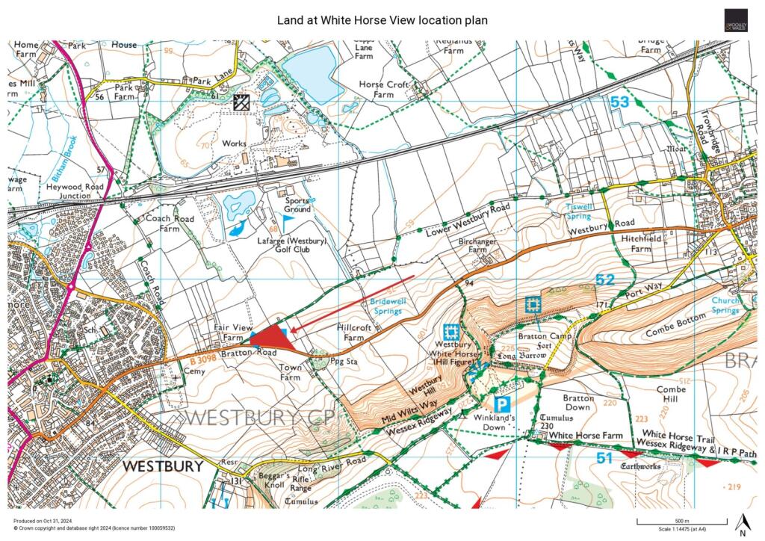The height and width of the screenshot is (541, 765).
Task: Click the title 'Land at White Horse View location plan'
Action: tap(382, 20)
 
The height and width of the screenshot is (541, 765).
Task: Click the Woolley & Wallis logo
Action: tap(735, 20)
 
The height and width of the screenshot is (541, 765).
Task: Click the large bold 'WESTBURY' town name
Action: tap(162, 466)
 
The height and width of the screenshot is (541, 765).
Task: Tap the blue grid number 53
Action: tap(619, 102)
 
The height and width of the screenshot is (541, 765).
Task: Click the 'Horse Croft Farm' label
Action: tap(383, 90)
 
